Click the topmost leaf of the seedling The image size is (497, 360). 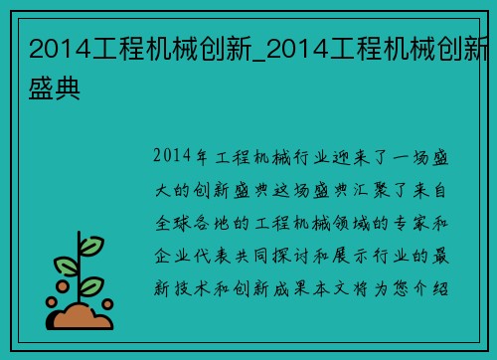(x=91, y=245)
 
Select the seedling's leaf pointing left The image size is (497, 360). (x=65, y=267)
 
